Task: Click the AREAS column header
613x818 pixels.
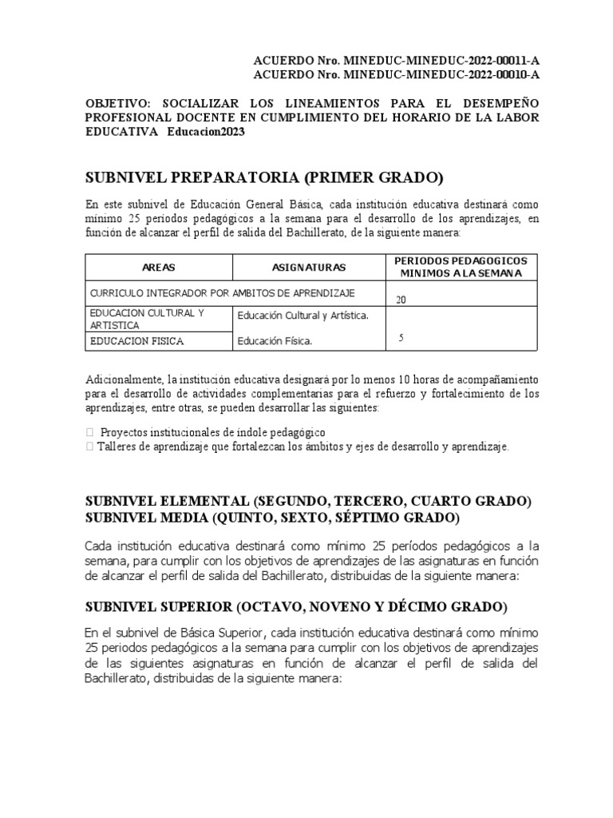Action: pos(158,268)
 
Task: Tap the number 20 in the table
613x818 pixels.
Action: pos(401,300)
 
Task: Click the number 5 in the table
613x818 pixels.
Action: pos(401,338)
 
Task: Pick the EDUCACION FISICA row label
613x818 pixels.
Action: pos(137,341)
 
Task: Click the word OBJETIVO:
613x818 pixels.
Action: pos(119,103)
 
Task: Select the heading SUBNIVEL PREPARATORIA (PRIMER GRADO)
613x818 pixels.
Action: pos(264,177)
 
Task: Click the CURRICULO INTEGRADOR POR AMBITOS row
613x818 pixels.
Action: pos(223,293)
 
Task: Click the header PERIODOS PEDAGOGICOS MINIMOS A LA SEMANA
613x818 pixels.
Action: pos(461,268)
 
